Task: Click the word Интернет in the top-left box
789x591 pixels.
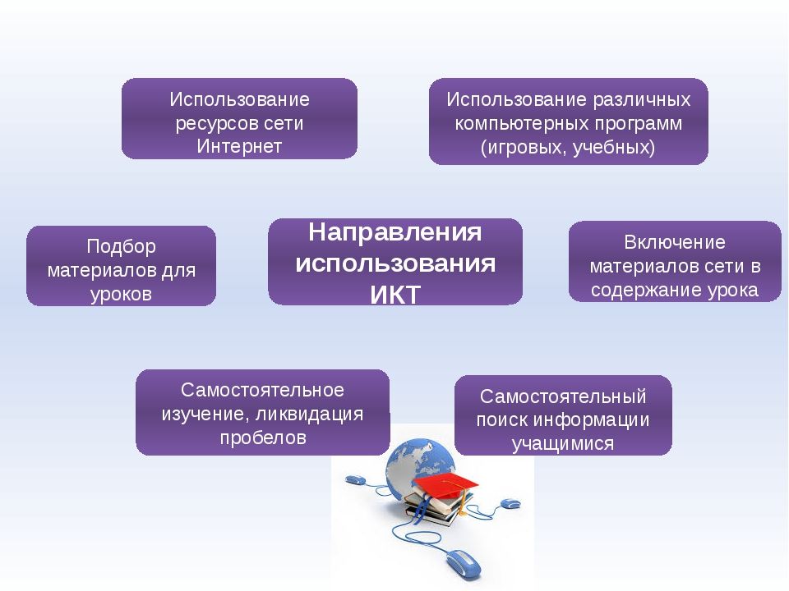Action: pos(239,146)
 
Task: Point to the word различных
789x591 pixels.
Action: pos(642,99)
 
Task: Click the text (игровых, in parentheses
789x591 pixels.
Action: pos(524,148)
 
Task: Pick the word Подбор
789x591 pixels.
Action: pos(122,247)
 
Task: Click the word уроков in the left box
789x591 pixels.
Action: pos(122,294)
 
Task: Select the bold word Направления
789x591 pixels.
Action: pos(395,232)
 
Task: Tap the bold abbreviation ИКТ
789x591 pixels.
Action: pos(395,295)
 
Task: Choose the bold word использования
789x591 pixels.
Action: pos(395,263)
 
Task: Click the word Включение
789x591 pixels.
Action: pos(675,242)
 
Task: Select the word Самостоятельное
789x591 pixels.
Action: pos(263,390)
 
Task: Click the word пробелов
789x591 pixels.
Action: pos(263,438)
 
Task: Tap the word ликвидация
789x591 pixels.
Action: pos(310,414)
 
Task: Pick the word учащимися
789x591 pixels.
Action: pos(563,444)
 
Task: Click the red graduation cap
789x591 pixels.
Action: pos(445,485)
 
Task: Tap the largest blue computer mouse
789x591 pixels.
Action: pos(464,563)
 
